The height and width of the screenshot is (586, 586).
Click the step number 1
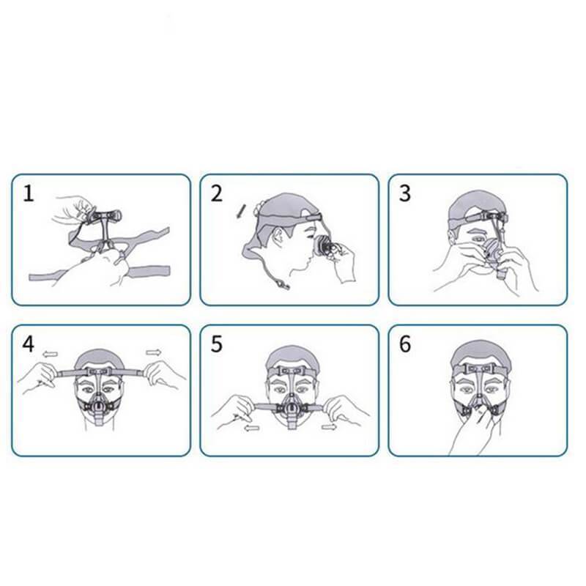[29, 194]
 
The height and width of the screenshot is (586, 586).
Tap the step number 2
[217, 194]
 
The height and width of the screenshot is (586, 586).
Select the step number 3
[405, 194]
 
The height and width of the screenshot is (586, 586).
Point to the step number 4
[29, 344]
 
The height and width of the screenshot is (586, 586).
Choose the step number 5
[217, 344]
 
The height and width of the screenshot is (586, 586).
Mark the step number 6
[405, 344]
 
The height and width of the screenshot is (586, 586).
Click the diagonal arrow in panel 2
[240, 211]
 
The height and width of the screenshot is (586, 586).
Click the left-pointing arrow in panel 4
[50, 354]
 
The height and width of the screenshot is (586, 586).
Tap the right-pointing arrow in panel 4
[153, 352]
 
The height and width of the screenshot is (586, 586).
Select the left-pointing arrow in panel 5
[252, 429]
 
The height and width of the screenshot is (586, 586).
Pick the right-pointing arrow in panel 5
[329, 426]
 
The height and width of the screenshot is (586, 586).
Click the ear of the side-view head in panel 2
[278, 237]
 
